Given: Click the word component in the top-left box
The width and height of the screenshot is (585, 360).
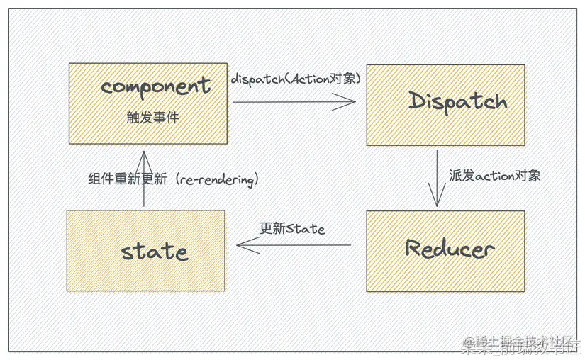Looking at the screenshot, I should point(156,86).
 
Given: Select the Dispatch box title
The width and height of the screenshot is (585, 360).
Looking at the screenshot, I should point(458,101).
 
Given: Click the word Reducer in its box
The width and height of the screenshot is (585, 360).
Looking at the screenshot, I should point(450,249).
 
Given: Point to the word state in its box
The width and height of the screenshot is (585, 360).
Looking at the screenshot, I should point(155,251).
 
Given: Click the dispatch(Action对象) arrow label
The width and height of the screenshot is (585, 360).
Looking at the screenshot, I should point(296,79).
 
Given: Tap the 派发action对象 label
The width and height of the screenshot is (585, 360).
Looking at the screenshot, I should point(494,175).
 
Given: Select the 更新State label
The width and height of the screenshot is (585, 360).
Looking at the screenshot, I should point(292,229).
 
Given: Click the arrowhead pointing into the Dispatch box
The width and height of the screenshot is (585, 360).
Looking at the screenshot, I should point(347,103).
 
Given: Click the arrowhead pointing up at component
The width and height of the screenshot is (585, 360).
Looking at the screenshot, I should point(144,157).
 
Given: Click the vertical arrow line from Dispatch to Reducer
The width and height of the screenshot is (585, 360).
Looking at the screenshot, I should point(437,174).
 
